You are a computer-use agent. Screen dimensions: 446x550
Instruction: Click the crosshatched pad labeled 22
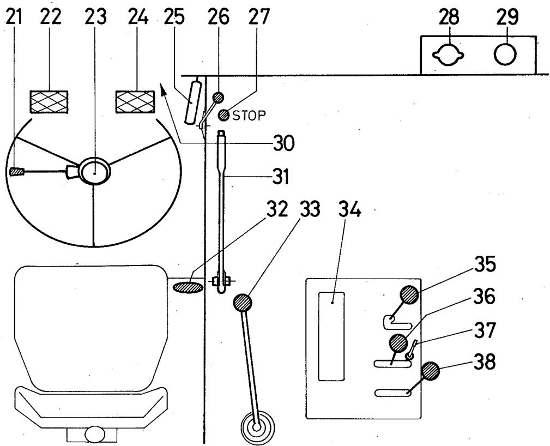point(49,103)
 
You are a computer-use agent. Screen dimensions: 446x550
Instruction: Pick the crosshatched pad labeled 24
point(135,103)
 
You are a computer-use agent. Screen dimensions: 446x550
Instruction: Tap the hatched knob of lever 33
point(243,302)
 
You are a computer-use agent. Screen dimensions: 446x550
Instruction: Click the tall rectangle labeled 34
point(331,335)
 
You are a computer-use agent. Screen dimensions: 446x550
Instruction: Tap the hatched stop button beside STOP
point(223,115)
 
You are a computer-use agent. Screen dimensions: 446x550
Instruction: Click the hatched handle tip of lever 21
point(16,172)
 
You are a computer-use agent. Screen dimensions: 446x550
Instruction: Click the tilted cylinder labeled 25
point(193,102)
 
